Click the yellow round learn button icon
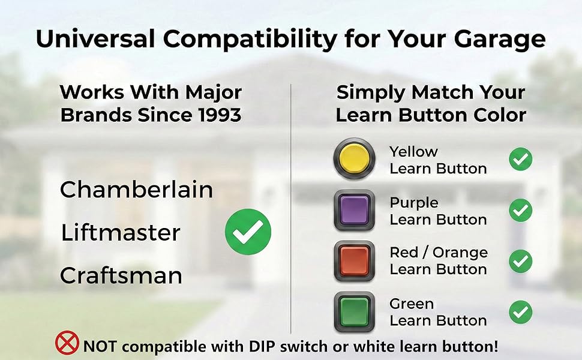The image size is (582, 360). [x=354, y=160]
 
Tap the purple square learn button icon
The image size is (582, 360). [x=354, y=211]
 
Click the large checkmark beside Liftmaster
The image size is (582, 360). [x=248, y=232]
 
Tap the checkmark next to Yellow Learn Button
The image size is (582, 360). [x=520, y=160]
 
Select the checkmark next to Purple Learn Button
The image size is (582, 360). [x=520, y=211]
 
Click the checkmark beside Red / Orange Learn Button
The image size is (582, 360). [x=520, y=261]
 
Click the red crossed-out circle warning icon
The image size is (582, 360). [x=67, y=343]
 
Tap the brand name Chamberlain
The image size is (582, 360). [x=136, y=190]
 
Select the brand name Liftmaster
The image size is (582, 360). [x=121, y=233]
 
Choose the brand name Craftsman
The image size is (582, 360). [x=121, y=276]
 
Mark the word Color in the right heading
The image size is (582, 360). [x=498, y=115]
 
